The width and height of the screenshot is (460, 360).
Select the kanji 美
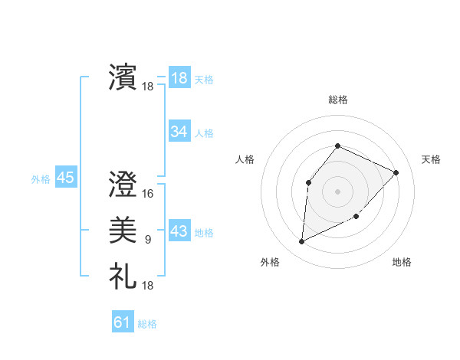coord(123,231)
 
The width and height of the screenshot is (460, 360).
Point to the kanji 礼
coord(123,276)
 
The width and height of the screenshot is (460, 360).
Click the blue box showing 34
coord(179,132)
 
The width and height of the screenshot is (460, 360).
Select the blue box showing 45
coord(65,178)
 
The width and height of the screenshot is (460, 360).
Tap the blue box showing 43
coord(179,231)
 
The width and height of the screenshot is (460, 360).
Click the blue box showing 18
coord(179,77)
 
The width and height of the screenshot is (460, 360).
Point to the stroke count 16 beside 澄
coord(148,194)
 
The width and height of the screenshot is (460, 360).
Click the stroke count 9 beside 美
coord(147,240)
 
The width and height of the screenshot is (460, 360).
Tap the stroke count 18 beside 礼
coord(148,286)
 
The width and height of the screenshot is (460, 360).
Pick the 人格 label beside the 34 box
coord(204,133)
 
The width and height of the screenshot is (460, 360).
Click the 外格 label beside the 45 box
coord(41,179)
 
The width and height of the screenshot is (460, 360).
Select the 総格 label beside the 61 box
coord(147,324)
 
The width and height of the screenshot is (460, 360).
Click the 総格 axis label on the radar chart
coord(338,100)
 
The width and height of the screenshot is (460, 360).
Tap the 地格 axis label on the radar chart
coord(402,263)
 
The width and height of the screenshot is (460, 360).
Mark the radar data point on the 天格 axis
coord(396,172)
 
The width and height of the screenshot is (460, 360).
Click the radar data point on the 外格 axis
coord(302,242)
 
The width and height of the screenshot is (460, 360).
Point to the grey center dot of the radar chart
coord(337,191)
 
